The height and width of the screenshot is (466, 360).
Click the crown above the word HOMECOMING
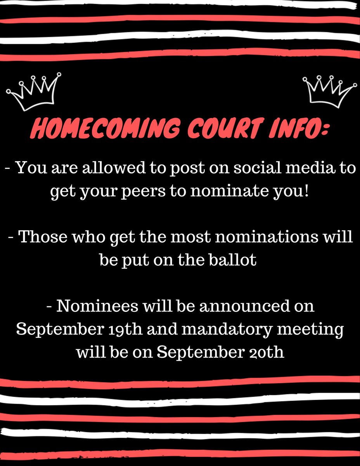click(34, 91)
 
